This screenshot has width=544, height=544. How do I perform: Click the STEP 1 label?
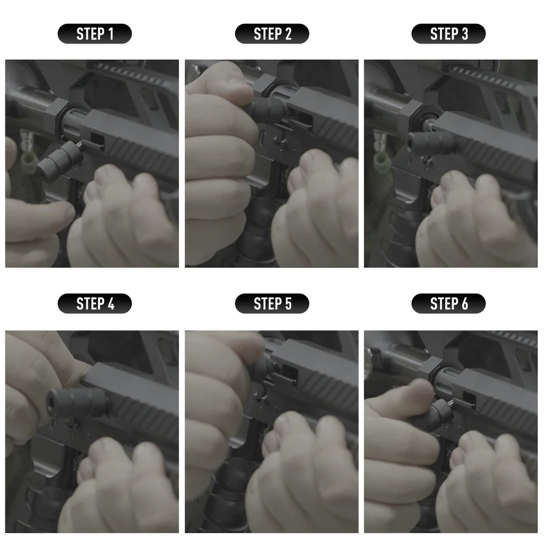[95, 34]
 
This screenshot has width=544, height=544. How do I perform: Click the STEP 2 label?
[272, 34]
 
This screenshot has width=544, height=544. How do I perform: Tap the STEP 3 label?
[449, 34]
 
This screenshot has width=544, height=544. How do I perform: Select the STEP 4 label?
[95, 303]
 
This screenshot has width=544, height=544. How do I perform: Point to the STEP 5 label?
[272, 303]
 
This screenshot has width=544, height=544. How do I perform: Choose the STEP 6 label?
[449, 303]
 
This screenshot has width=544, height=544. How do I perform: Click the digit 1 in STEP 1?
[110, 34]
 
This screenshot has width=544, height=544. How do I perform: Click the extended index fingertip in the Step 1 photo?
[65, 212]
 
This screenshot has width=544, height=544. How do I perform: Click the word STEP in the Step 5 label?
[265, 303]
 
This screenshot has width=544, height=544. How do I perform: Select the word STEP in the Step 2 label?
[265, 34]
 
